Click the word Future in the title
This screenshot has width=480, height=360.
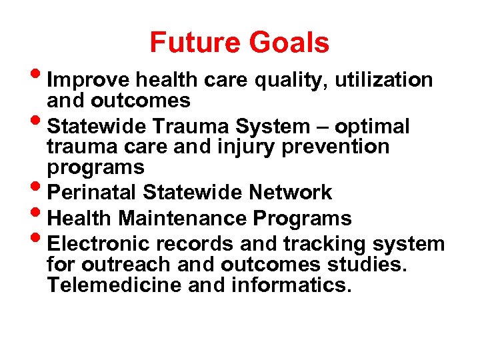[x=196, y=43]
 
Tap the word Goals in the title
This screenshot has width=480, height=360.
[x=290, y=43]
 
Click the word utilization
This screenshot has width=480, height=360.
[x=384, y=81]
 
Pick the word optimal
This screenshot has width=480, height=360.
[x=372, y=127]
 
